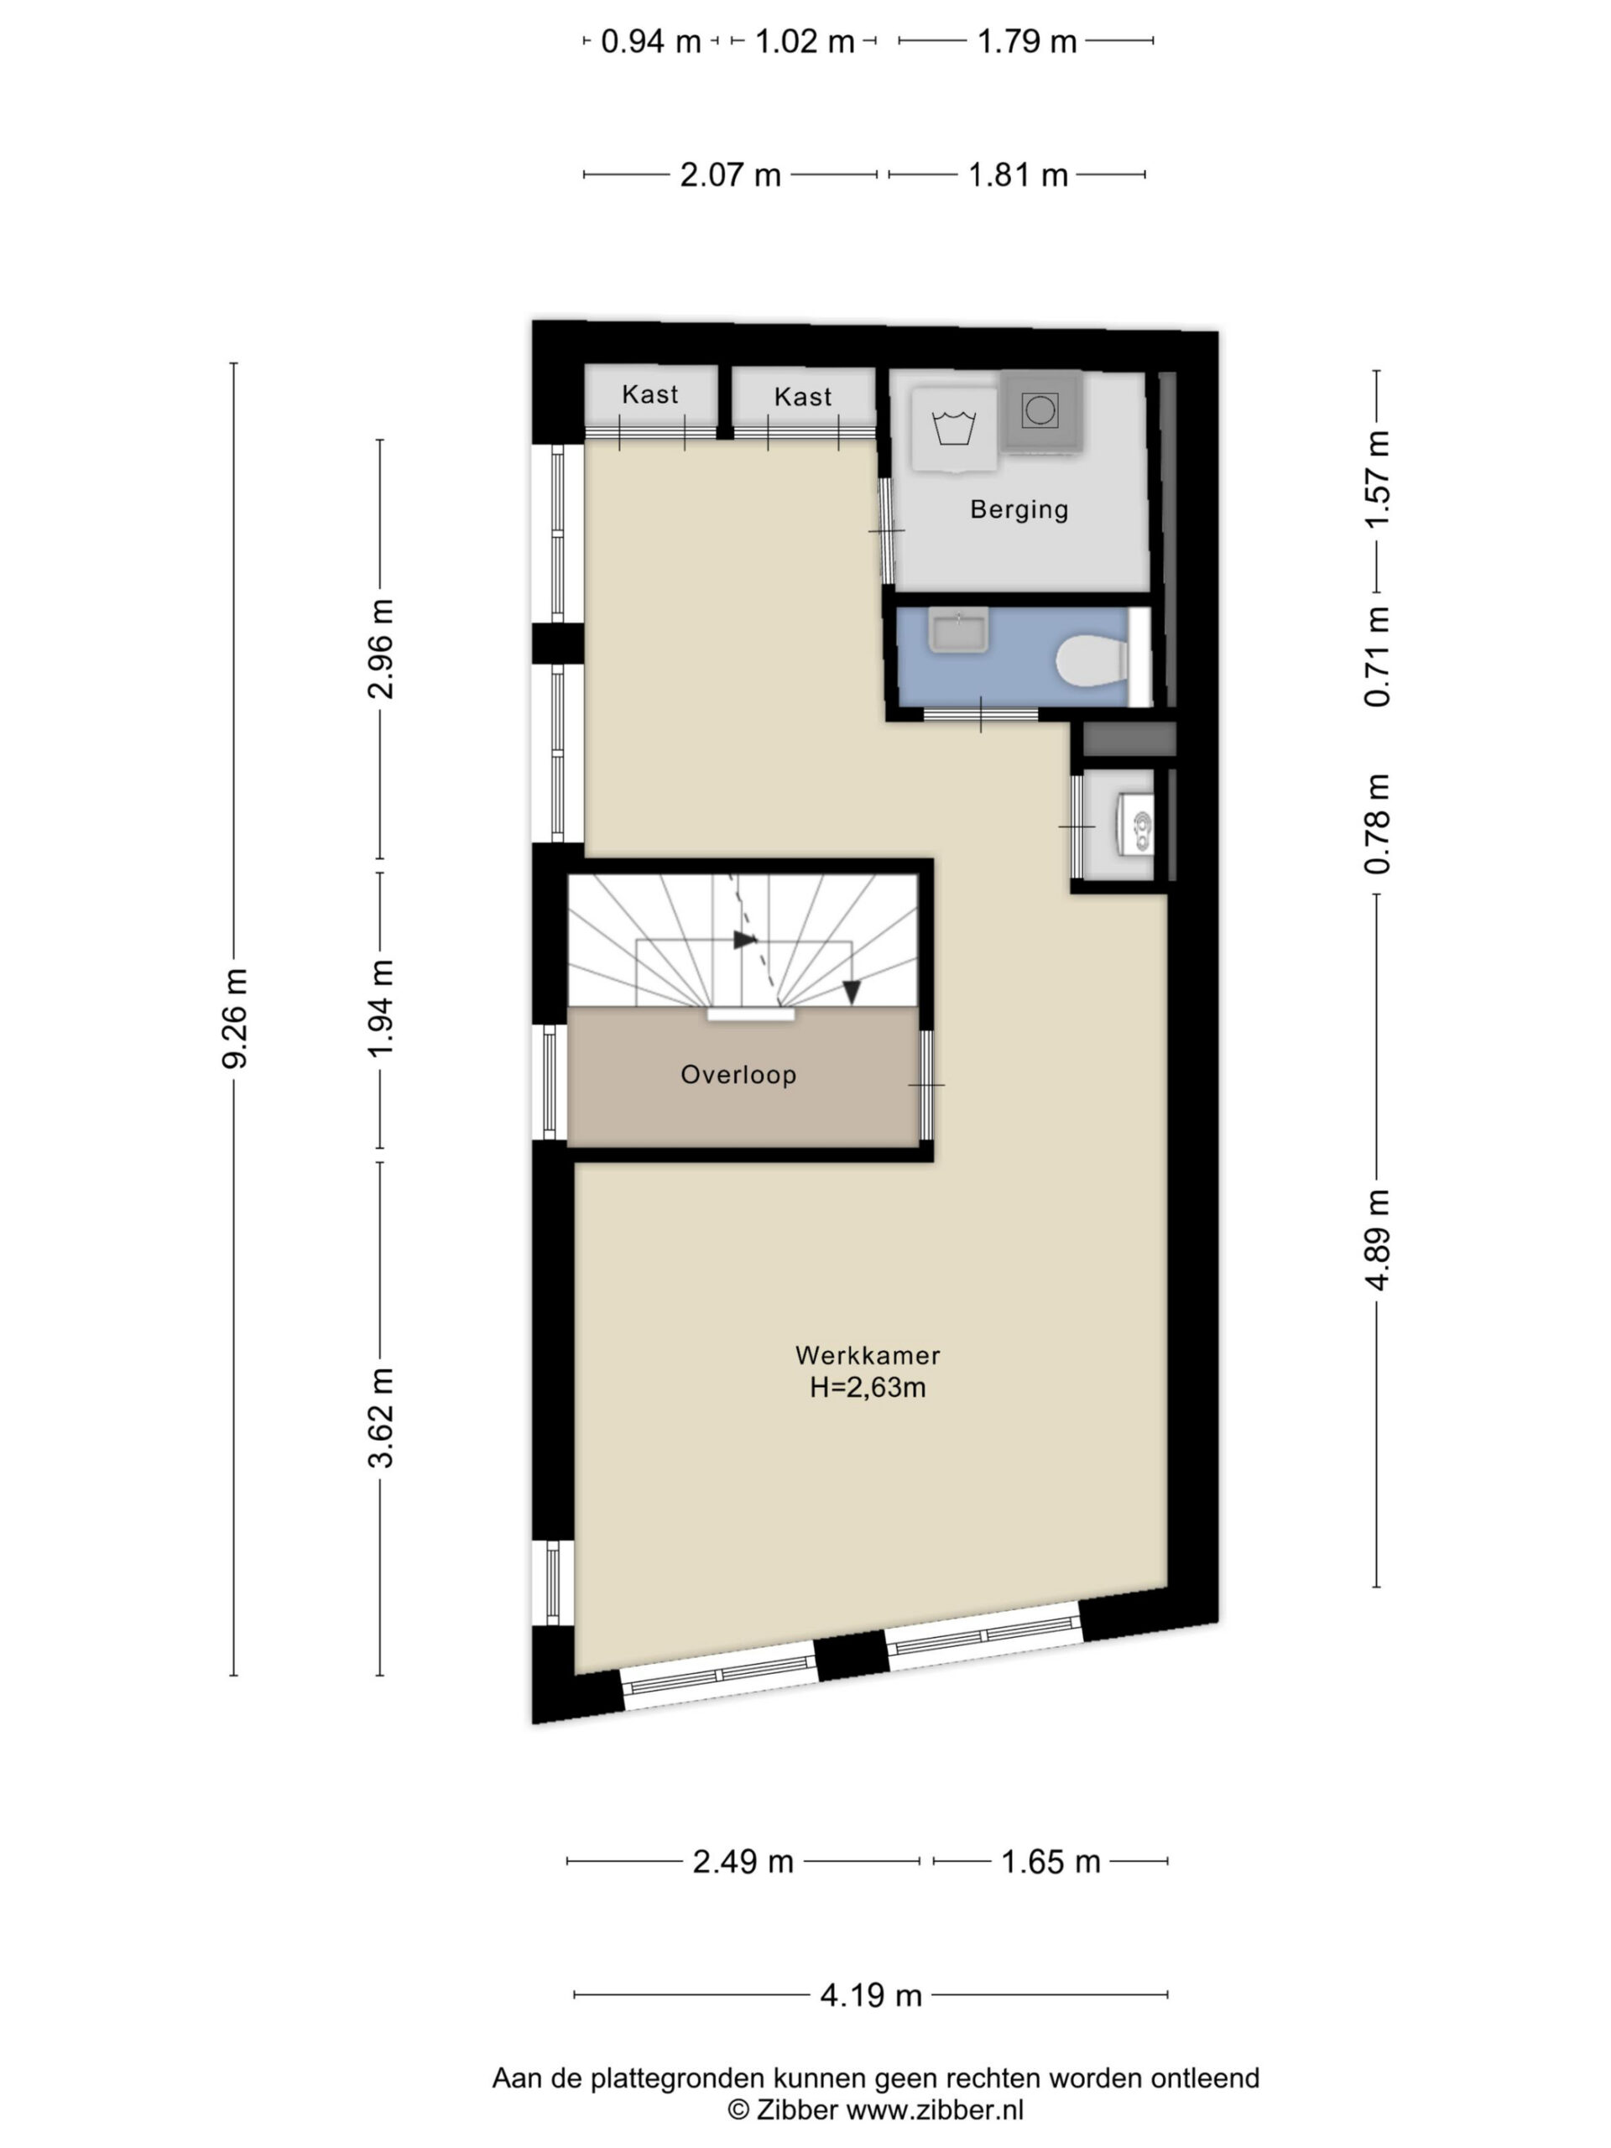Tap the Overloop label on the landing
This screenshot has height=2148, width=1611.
click(738, 1074)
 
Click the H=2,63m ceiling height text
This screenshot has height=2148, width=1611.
click(867, 1388)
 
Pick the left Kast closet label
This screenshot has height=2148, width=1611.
click(649, 394)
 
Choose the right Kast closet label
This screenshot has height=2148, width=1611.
click(803, 396)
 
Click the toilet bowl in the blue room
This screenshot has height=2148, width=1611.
click(1092, 660)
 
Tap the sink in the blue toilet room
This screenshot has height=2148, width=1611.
click(957, 630)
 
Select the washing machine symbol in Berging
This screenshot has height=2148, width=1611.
click(953, 430)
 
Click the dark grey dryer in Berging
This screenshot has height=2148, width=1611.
click(1041, 412)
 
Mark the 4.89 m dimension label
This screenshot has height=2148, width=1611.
click(1377, 1240)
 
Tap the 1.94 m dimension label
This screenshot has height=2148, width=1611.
click(381, 1008)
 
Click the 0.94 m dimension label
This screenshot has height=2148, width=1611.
click(650, 42)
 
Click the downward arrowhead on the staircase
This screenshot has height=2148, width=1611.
click(852, 993)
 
